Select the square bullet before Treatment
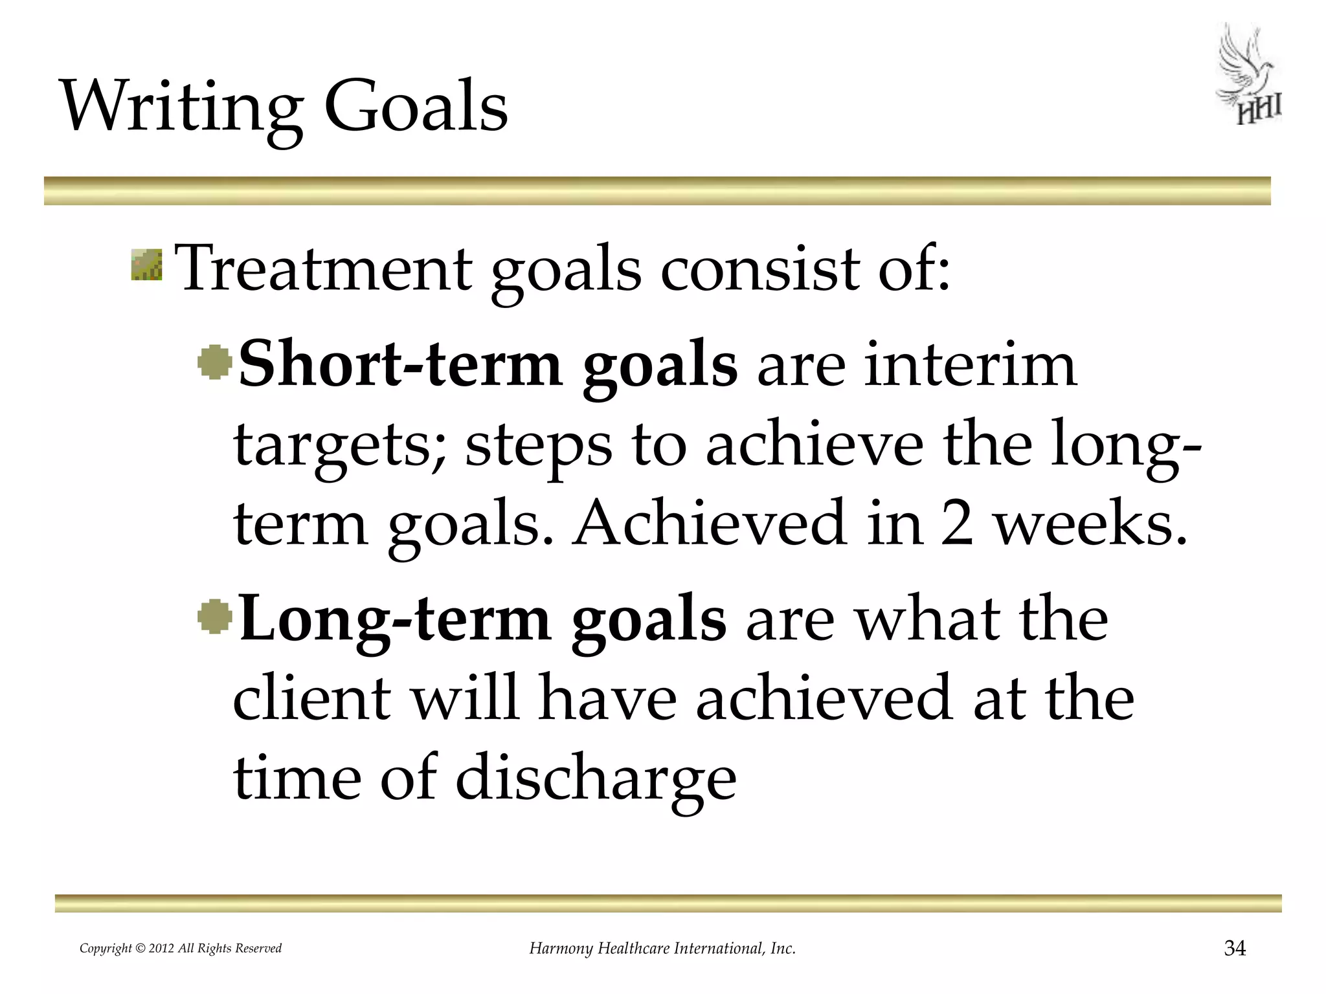point(146,266)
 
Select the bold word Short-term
point(400,364)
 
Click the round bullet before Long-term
point(215,617)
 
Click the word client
point(313,698)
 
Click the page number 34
point(1234,949)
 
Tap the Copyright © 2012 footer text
point(181,949)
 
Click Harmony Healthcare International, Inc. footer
point(662,949)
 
